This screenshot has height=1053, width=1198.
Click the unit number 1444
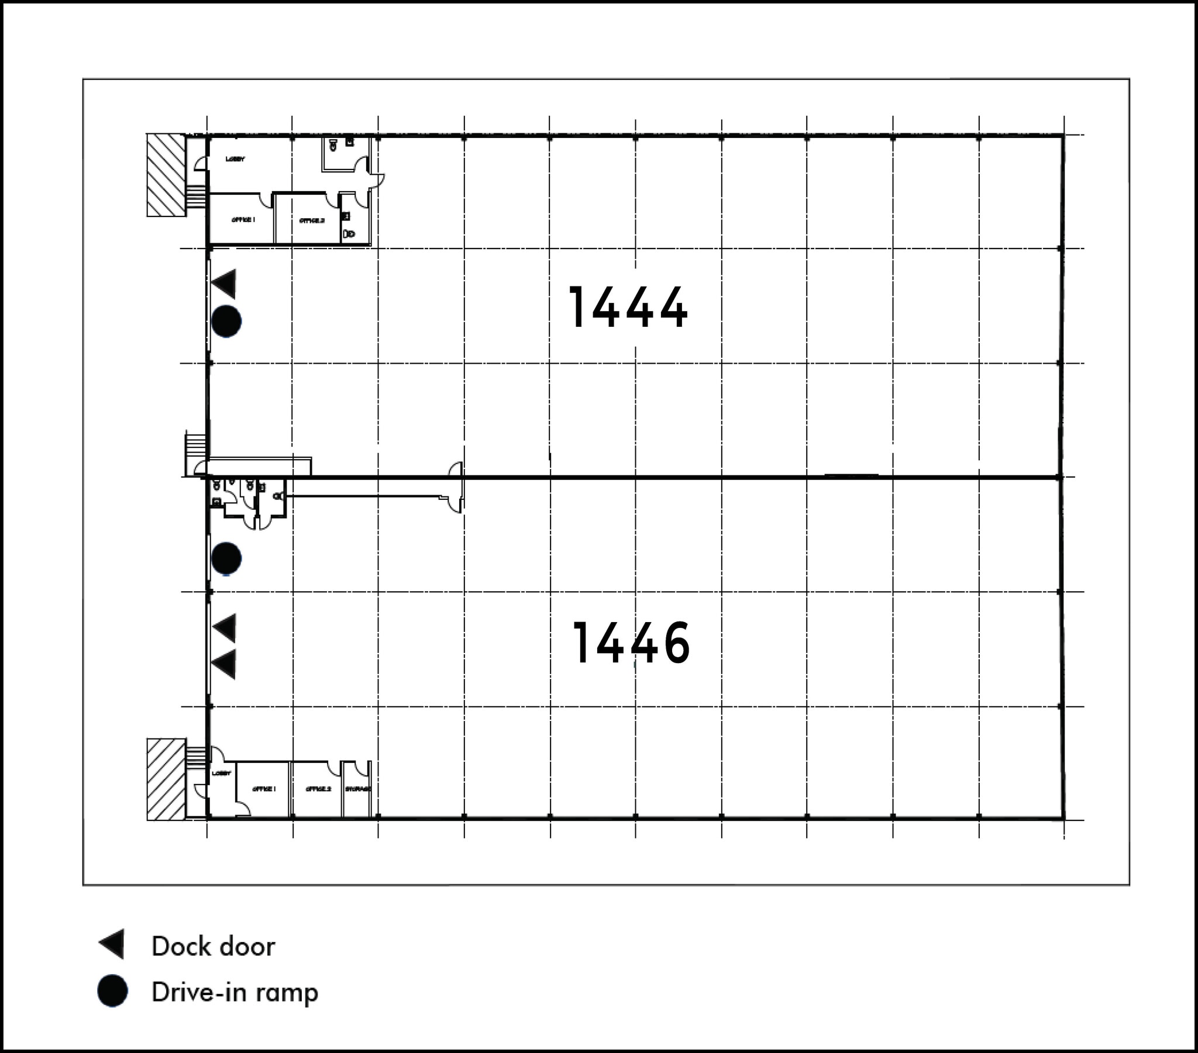[628, 307]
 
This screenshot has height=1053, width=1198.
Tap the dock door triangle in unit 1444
[225, 284]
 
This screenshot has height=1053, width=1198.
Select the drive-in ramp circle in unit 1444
[226, 321]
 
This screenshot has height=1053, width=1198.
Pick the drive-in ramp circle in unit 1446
[226, 558]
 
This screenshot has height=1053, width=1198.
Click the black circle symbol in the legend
[112, 991]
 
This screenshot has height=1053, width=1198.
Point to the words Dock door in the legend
[213, 947]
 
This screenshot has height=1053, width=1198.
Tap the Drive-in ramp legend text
[235, 992]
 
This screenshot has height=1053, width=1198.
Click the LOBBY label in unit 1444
[235, 160]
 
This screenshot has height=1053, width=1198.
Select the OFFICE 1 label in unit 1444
[243, 220]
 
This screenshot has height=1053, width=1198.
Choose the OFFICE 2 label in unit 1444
[311, 221]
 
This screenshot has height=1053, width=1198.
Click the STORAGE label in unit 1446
[357, 789]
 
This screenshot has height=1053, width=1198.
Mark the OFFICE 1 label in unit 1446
[264, 789]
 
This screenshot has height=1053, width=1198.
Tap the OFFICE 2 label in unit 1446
[318, 789]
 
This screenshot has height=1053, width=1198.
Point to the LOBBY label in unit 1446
[222, 774]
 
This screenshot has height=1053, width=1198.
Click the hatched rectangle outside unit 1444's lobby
[166, 175]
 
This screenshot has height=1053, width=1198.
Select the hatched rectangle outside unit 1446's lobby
[166, 779]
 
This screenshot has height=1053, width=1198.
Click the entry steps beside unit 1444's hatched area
[196, 196]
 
